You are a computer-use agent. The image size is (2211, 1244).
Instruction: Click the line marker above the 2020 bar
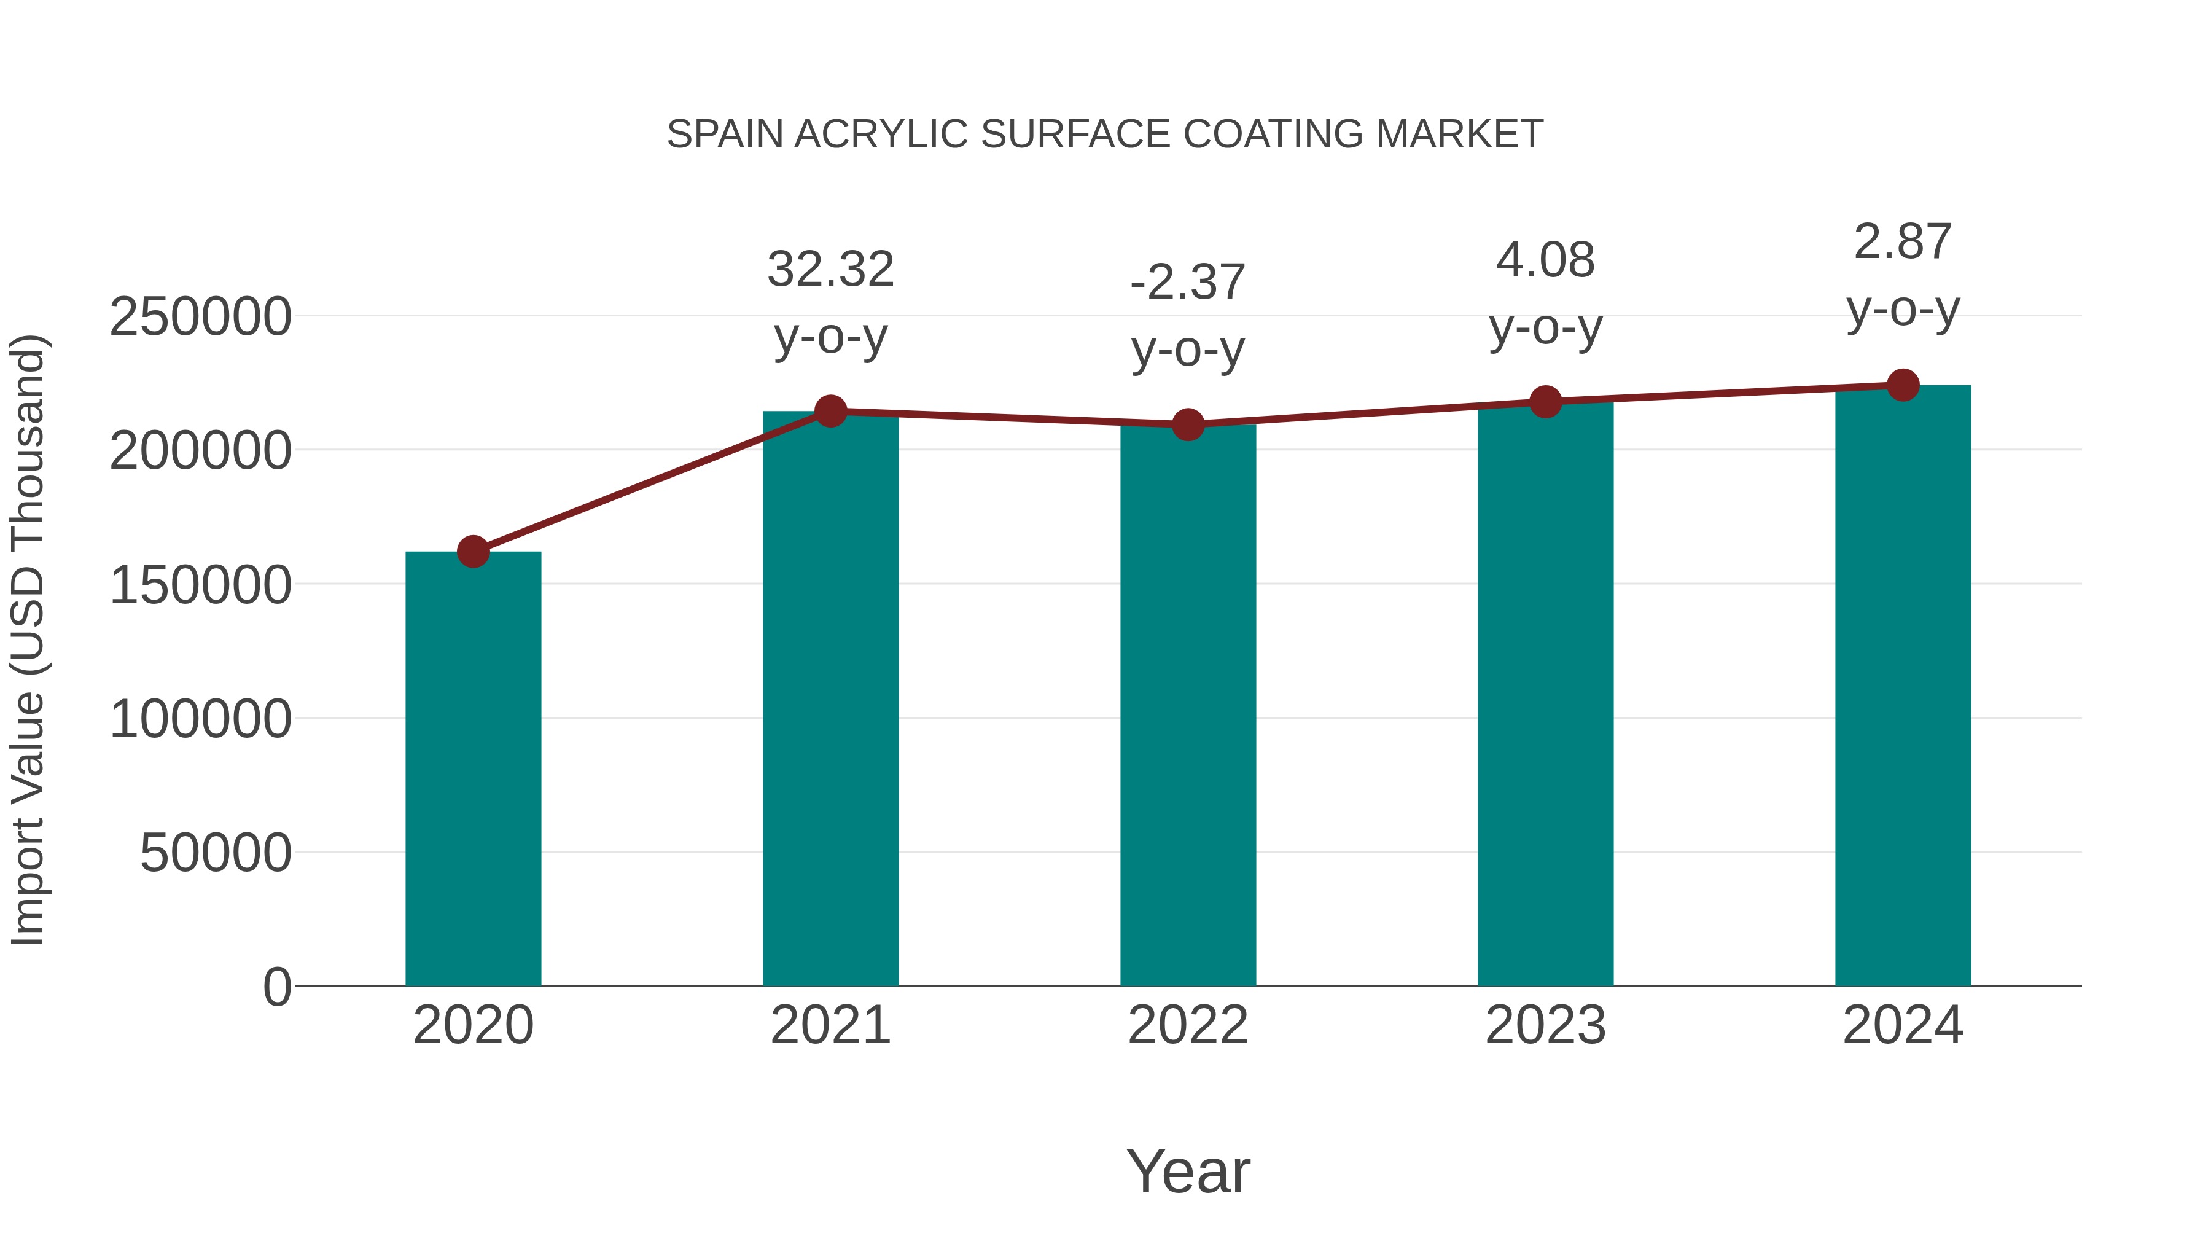point(473,551)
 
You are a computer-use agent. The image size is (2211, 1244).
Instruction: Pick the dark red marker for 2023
point(1545,402)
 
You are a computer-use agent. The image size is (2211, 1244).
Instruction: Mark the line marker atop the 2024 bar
point(1903,385)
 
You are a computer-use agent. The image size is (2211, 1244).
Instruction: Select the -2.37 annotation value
point(1188,283)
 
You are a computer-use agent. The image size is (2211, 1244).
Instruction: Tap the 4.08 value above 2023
point(1545,260)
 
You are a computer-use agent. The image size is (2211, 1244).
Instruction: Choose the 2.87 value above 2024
point(1903,242)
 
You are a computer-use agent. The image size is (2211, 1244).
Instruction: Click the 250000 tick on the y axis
point(200,317)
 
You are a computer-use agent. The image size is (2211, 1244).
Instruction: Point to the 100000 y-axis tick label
point(200,719)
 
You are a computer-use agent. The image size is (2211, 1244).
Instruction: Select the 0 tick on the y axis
point(277,987)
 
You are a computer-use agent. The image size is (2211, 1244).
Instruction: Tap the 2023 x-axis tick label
point(1545,1025)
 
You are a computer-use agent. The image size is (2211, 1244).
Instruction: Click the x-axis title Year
point(1188,1171)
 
